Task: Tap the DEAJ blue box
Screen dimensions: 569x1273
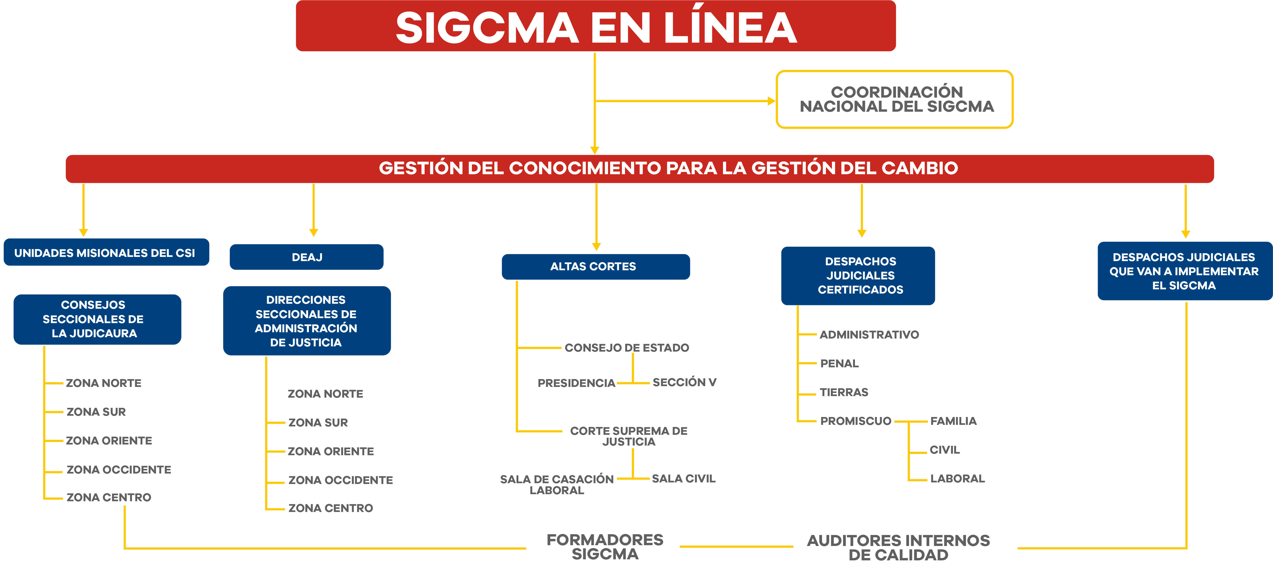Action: (x=306, y=257)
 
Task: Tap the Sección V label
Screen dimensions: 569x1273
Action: (x=684, y=382)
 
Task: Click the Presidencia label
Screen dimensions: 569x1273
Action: (x=576, y=383)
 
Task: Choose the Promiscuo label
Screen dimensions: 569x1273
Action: (x=855, y=421)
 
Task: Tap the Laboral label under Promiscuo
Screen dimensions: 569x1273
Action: (x=957, y=478)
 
